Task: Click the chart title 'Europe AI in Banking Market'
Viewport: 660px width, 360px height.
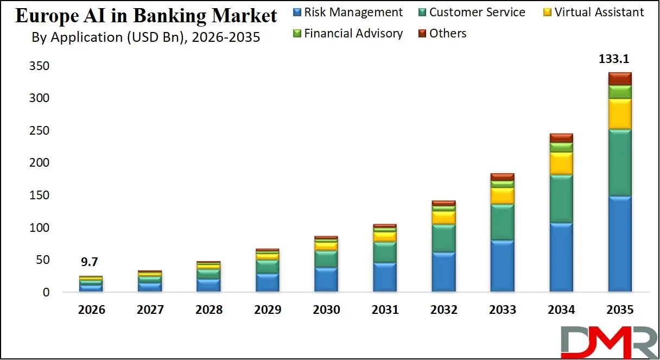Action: coord(146,16)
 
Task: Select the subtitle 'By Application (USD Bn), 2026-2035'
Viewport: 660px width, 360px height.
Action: coord(145,37)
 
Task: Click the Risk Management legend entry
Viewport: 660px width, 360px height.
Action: coord(347,12)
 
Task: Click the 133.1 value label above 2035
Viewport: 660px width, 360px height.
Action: coord(620,59)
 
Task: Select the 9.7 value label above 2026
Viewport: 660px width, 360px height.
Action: coord(90,262)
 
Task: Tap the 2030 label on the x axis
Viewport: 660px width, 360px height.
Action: coord(326,310)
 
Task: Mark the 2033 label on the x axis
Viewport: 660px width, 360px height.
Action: coord(502,310)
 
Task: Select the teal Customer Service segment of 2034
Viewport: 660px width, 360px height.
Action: coord(561,198)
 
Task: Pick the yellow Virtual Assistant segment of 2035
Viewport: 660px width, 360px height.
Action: coord(619,113)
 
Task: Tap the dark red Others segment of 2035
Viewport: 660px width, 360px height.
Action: coord(619,79)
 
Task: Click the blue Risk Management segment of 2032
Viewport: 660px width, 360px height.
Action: coord(443,271)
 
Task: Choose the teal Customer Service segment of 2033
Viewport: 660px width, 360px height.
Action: coord(502,222)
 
